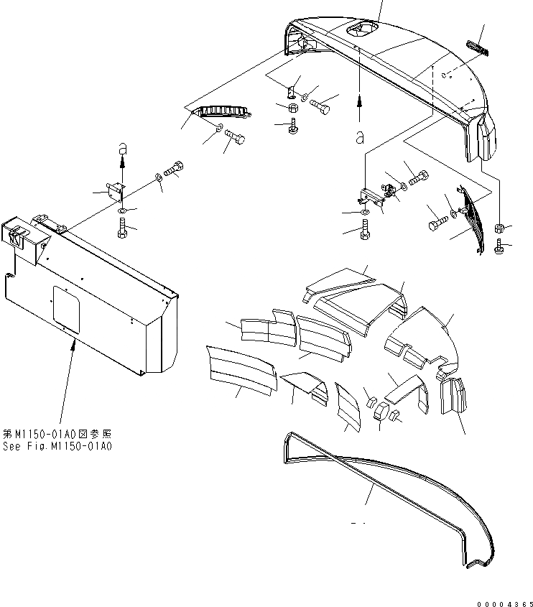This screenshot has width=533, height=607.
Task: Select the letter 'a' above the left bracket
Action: pos(122,148)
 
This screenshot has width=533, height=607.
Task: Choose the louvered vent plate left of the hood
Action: pos(222,112)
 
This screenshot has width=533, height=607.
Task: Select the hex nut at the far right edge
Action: pos(500,228)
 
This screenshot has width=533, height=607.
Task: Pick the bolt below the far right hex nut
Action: pos(501,247)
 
